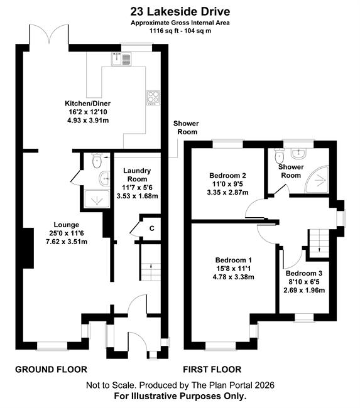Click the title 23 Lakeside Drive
point(180,12)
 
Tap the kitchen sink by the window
point(121,59)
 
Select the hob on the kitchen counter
point(153,98)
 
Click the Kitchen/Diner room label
point(87,104)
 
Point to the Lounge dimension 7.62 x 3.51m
point(67,242)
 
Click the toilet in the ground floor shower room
point(97,161)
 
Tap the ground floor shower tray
point(97,199)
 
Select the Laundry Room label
point(137,175)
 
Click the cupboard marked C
point(151,228)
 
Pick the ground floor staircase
point(151,263)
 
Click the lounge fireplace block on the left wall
point(28,248)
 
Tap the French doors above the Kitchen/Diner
point(49,34)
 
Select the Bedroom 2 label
point(227,176)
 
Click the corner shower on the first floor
point(317,180)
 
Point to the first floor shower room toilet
point(279,155)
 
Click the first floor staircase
point(319,244)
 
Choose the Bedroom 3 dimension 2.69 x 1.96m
point(304,290)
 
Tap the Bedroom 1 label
point(233,260)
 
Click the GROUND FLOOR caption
point(51,370)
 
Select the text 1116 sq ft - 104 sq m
point(180,31)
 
